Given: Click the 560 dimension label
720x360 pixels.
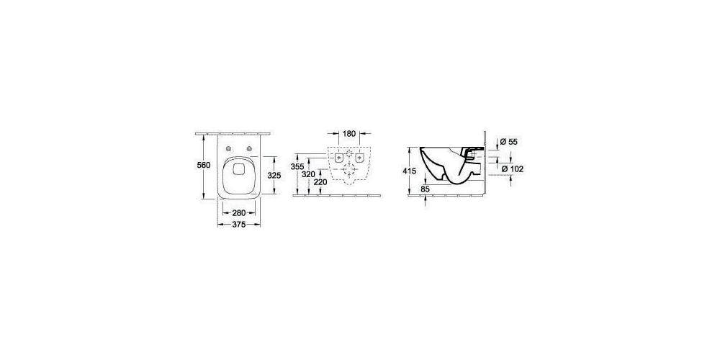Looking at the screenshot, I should click(x=204, y=166).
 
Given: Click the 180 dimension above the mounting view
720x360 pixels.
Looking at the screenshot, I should click(x=350, y=134).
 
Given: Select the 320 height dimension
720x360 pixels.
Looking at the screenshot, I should click(x=308, y=174).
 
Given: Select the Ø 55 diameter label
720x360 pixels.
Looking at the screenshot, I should click(x=508, y=142).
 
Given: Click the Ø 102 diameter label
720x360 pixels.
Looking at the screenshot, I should click(x=511, y=168).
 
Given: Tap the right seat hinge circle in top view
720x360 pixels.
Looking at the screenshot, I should click(x=249, y=149).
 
